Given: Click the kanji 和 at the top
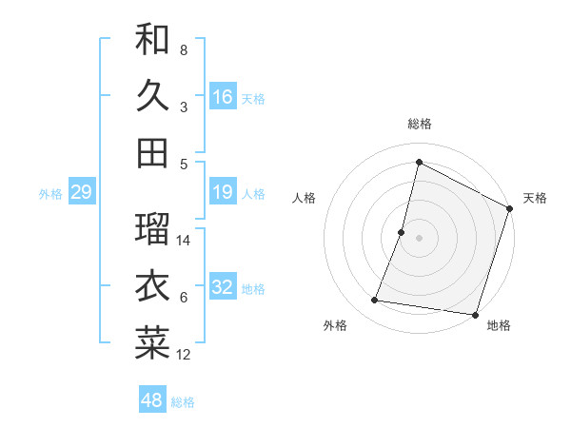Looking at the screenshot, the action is [152, 40].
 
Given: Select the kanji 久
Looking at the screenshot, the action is [152, 95].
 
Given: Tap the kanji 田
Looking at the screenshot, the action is [152, 152].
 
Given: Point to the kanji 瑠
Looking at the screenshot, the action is [152, 229].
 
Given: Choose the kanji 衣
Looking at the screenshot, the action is [152, 286].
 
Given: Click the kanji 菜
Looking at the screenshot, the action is [152, 343].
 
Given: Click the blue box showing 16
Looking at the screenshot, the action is [223, 96].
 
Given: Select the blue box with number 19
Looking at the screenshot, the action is [223, 193].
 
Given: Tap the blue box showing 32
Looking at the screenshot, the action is [223, 287].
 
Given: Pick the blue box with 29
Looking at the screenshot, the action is [81, 193].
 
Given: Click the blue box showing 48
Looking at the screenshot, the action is [152, 400].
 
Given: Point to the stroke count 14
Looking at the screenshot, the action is [184, 241].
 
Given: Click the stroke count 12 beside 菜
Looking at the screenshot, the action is [184, 356].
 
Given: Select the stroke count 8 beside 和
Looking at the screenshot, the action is [184, 49].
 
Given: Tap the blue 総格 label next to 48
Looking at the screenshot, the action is [183, 402].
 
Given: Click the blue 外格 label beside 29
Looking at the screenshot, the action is [50, 194].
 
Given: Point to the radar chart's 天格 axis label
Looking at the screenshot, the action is [535, 198].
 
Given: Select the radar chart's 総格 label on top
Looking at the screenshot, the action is [420, 124].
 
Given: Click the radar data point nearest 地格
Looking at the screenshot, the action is [474, 315].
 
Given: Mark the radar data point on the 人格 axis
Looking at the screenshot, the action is [402, 233].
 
